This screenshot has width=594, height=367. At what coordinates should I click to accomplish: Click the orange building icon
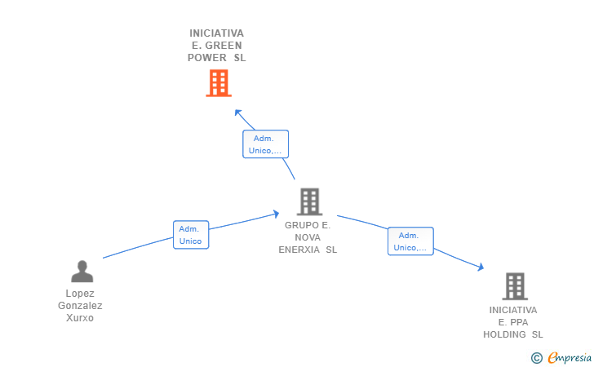pos(218,82)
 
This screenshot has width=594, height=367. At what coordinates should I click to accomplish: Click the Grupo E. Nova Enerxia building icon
pos(309,201)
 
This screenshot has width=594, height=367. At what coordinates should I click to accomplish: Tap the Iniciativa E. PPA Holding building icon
pos(514,286)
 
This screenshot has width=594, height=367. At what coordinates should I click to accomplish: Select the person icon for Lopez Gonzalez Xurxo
pos(82,271)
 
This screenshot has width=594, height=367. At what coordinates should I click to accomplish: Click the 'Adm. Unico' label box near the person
pos(190,235)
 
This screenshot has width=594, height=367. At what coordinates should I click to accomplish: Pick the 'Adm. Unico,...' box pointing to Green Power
pos(265,144)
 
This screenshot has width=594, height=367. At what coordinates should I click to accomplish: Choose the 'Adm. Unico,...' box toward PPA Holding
pos(410,241)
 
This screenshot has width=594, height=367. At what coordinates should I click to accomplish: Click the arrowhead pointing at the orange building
pos(237,112)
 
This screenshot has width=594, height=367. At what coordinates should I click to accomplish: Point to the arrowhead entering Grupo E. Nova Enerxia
pos(277,214)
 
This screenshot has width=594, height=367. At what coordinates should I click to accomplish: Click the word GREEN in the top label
pos(222,46)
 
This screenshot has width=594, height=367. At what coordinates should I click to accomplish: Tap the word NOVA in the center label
pos(308,237)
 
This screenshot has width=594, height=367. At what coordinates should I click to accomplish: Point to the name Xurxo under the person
pos(80,318)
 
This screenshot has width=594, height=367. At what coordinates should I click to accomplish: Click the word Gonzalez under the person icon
pos(80,306)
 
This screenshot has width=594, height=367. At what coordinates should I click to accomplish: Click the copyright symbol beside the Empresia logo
pos(536,358)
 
